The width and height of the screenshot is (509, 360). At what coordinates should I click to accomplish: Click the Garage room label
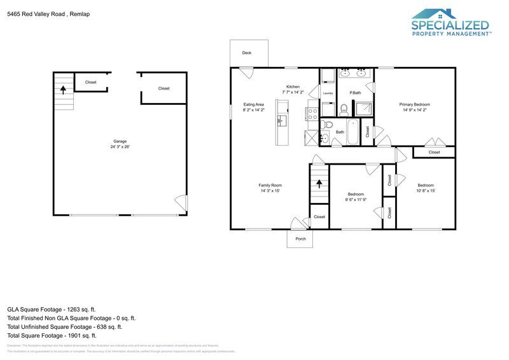point(120,141)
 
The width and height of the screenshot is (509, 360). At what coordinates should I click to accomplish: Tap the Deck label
point(247,53)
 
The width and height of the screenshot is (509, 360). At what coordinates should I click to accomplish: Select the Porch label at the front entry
point(301,239)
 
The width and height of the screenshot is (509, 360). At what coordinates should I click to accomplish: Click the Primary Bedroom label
point(414,104)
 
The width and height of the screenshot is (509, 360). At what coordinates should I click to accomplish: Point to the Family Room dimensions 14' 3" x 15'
point(270,191)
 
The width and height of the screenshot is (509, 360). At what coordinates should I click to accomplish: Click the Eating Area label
point(254,104)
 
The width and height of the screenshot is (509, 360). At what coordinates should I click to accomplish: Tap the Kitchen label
point(293,87)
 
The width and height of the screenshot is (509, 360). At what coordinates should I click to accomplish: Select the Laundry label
point(328,93)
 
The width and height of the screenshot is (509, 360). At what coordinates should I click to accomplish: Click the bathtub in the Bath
point(367,132)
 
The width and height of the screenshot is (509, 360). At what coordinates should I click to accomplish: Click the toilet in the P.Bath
point(344,109)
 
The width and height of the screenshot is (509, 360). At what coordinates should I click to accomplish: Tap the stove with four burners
point(313,114)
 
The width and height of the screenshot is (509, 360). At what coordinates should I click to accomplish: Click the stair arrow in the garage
point(62,88)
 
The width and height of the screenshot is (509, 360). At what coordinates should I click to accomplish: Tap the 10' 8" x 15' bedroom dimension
point(426,191)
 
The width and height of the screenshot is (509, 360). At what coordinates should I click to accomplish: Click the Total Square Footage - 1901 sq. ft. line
point(52,335)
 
